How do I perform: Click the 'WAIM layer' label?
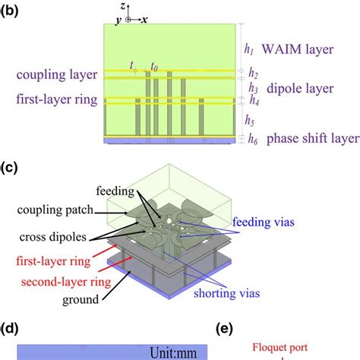click(x=298, y=49)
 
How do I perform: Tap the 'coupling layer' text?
click(x=57, y=75)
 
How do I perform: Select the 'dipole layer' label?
click(x=300, y=88)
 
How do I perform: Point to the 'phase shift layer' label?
click(x=313, y=139)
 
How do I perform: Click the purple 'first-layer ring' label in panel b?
click(x=57, y=99)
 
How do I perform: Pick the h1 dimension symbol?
click(x=249, y=49)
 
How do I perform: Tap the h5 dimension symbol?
click(x=250, y=120)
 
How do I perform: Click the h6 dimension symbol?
click(x=253, y=139)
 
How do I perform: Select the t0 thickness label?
click(x=154, y=67)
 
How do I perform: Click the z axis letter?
click(x=123, y=7)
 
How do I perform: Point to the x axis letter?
click(x=144, y=20)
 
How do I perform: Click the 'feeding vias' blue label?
click(x=264, y=222)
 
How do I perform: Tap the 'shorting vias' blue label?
click(x=227, y=293)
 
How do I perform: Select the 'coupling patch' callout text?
click(x=55, y=210)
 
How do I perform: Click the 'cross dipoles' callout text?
click(x=53, y=237)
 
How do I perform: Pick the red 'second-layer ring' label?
click(x=66, y=282)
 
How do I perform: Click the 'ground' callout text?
click(x=81, y=300)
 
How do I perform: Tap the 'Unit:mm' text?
click(x=173, y=352)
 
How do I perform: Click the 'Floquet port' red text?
click(x=280, y=347)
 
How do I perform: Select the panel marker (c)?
click(x=9, y=168)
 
